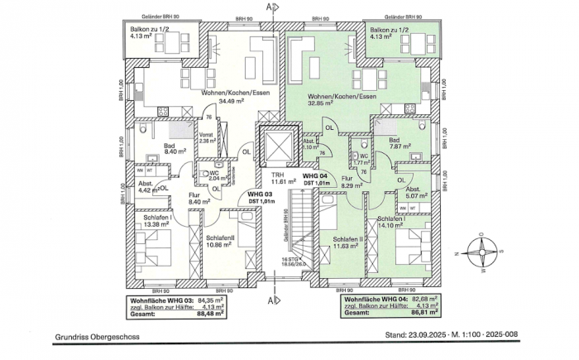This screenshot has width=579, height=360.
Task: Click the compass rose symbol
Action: [x=481, y=250]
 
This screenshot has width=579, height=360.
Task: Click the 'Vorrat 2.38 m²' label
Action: [x=207, y=137]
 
